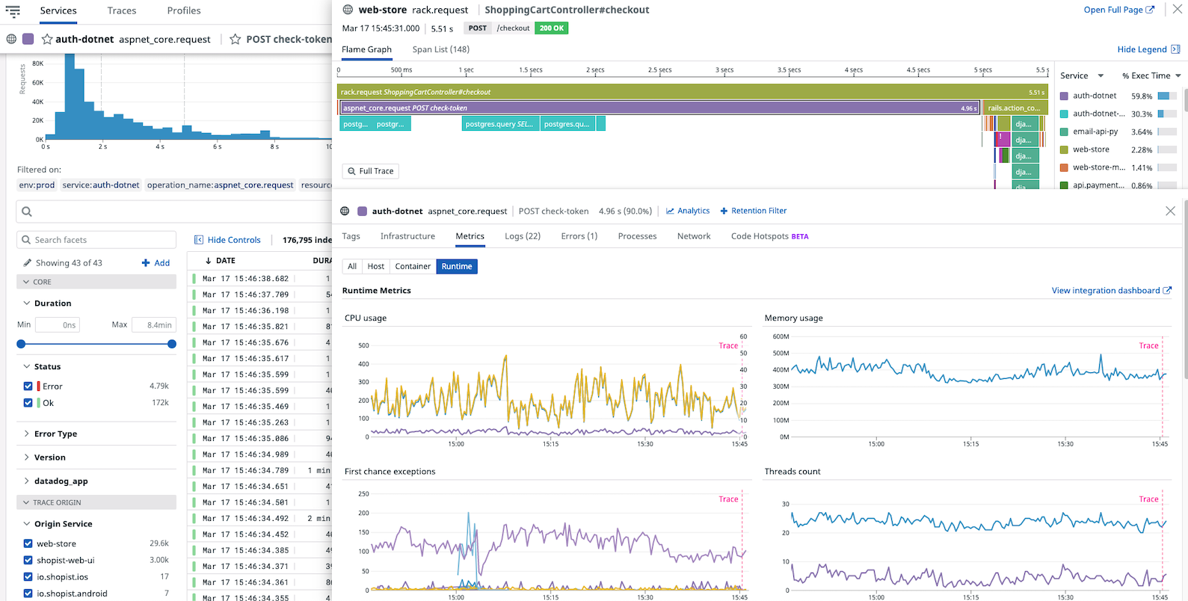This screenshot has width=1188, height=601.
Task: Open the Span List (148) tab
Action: click(x=440, y=49)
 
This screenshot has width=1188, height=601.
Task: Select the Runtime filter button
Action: click(x=456, y=266)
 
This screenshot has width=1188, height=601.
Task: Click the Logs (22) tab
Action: click(x=522, y=236)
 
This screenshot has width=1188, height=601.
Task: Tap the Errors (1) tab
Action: click(x=579, y=236)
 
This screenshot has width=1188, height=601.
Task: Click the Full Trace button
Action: click(x=370, y=171)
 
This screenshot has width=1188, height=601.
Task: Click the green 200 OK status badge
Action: click(x=552, y=28)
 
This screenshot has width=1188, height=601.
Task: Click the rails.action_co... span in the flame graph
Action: click(x=1013, y=108)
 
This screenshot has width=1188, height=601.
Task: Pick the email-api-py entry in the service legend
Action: click(x=1095, y=132)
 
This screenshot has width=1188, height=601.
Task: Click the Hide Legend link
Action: click(x=1142, y=49)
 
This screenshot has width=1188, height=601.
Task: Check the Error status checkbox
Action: click(x=28, y=386)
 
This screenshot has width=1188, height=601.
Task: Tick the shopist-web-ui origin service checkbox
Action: click(x=28, y=560)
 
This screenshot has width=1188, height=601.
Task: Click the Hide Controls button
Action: click(x=227, y=240)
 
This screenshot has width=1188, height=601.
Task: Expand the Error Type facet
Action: click(x=55, y=434)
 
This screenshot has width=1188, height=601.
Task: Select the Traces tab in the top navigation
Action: click(x=121, y=10)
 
